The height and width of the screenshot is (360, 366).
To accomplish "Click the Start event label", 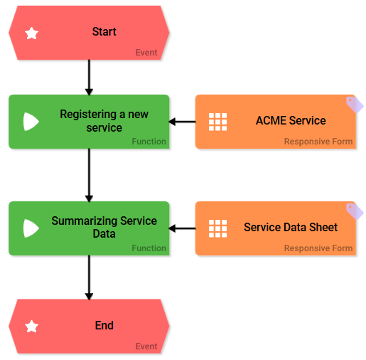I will tap(104, 32).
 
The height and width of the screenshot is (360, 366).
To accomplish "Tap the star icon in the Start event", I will tap(31, 33).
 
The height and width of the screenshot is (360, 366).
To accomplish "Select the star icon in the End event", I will tap(31, 327).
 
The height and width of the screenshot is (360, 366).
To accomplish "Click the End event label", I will tap(104, 326).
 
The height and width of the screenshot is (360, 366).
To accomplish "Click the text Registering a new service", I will tap(104, 121).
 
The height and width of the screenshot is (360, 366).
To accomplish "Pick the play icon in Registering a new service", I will tap(31, 122).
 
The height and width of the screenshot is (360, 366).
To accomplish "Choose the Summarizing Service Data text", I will tap(104, 228).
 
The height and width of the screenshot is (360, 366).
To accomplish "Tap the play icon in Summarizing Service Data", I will tap(31, 228).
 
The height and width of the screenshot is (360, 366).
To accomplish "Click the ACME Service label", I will tap(291, 121).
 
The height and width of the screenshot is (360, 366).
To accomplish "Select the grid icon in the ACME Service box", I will tap(217, 122).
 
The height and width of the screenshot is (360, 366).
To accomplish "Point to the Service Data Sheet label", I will tap(291, 228).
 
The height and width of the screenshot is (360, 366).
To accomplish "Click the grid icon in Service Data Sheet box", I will tap(217, 228).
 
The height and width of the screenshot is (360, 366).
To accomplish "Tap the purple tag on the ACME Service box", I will tap(355, 105).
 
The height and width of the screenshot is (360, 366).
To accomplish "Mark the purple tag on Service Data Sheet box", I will tap(355, 211).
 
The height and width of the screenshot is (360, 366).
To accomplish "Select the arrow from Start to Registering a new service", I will tap(89, 78).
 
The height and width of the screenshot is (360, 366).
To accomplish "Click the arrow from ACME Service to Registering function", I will tap(183, 122).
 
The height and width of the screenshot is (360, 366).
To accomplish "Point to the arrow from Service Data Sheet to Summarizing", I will tap(183, 228).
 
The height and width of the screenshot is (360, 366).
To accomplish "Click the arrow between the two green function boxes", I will tap(89, 175).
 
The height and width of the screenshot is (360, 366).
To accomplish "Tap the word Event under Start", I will tap(146, 53).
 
